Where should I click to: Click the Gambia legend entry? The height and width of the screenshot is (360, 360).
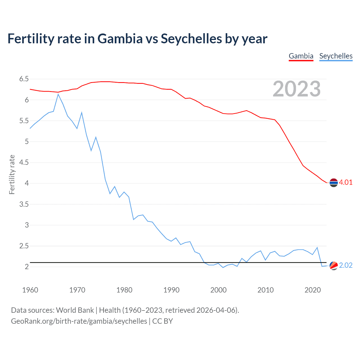pyautogui.click(x=301, y=56)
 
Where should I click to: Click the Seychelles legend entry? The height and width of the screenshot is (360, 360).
pyautogui.click(x=336, y=56)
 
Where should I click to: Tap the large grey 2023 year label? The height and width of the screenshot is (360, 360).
pyautogui.click(x=296, y=89)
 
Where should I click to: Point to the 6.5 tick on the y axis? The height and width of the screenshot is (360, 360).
pyautogui.click(x=24, y=79)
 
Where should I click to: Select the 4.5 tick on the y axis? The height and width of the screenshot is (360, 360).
pyautogui.click(x=24, y=163)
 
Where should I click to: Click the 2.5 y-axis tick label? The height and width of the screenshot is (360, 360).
pyautogui.click(x=24, y=246)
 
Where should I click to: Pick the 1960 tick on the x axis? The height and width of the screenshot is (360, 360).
pyautogui.click(x=30, y=290)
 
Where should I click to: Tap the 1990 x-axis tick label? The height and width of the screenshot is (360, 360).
pyautogui.click(x=171, y=290)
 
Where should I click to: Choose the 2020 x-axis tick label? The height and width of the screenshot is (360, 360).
pyautogui.click(x=312, y=290)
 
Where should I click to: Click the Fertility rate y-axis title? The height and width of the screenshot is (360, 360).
pyautogui.click(x=12, y=174)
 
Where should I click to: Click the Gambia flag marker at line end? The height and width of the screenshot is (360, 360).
pyautogui.click(x=334, y=183)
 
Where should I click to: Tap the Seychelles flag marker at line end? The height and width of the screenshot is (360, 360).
pyautogui.click(x=334, y=265)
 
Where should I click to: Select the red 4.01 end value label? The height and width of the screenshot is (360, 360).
pyautogui.click(x=346, y=182)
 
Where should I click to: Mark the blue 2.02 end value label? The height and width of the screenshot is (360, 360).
pyautogui.click(x=346, y=265)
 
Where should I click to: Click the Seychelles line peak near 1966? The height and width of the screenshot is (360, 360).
pyautogui.click(x=58, y=94)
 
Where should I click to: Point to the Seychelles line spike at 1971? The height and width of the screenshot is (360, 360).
pyautogui.click(x=82, y=113)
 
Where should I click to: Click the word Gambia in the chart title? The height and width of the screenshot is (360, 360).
pyautogui.click(x=120, y=39)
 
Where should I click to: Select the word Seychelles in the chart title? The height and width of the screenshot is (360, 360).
pyautogui.click(x=191, y=39)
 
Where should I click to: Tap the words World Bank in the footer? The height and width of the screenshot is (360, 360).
pyautogui.click(x=75, y=310)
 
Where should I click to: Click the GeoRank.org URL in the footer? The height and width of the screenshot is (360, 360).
pyautogui.click(x=79, y=321)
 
